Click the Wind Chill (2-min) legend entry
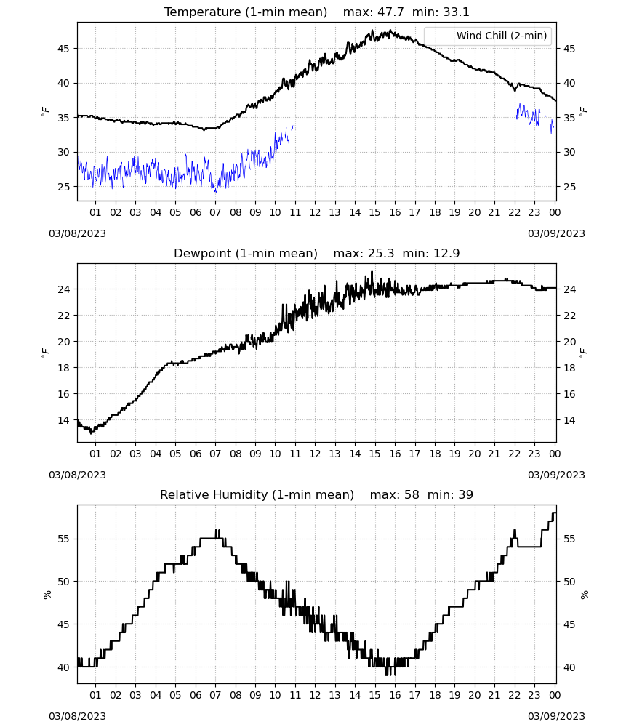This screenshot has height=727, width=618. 488,36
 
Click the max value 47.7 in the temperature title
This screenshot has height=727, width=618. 390,12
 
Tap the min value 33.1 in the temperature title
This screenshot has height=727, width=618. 456,12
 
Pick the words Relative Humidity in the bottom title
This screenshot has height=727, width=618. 214,494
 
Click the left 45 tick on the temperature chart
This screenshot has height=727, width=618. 64,49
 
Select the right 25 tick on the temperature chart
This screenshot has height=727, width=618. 569,187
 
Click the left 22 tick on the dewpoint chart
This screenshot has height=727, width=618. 64,316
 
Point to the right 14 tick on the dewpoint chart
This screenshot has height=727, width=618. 569,420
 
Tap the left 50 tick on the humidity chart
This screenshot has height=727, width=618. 64,582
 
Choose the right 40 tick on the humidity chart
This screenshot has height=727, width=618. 569,667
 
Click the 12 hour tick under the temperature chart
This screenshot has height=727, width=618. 315,212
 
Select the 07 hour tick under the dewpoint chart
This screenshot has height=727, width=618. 215,454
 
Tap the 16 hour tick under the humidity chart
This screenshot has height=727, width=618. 395,695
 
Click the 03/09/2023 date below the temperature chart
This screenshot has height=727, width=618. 556,233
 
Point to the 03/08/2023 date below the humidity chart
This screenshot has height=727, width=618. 77,716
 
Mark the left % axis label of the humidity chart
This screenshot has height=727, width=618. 47,595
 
